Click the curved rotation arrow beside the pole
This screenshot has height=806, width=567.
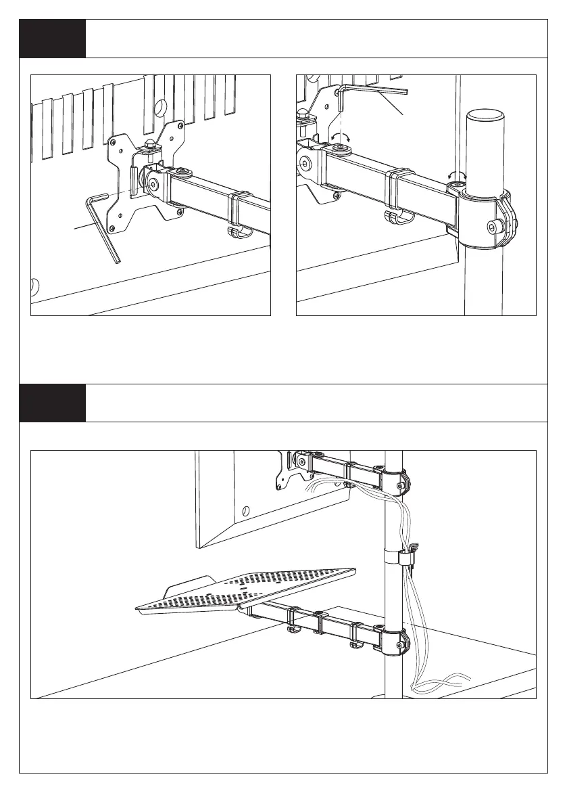458,175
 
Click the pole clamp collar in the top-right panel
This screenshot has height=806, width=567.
486,220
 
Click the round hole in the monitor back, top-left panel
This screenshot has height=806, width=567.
161,106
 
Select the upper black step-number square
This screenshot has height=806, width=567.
52,39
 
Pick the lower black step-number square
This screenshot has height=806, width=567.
52,403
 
